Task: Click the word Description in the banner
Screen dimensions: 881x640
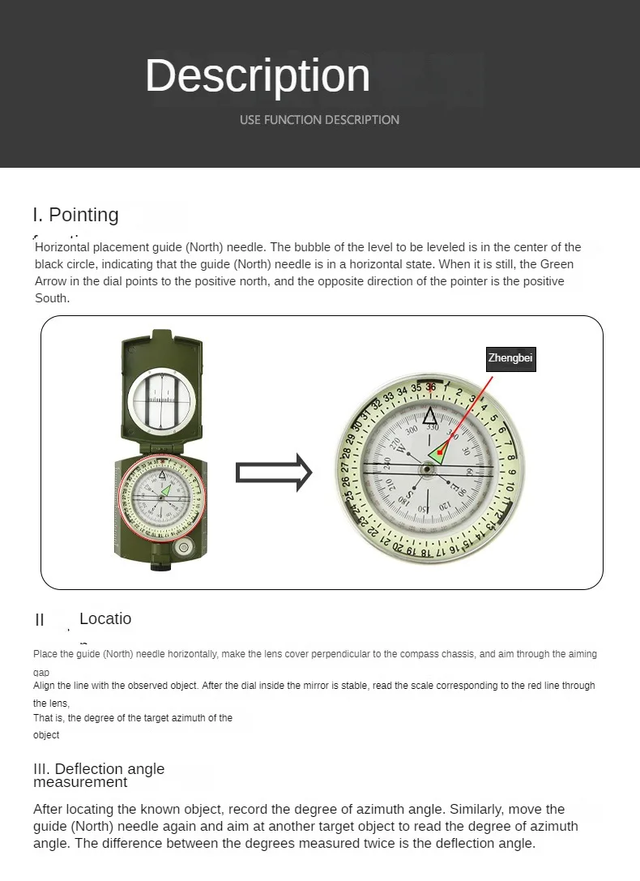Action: [x=258, y=75]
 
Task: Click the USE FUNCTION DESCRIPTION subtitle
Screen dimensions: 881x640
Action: [x=319, y=120]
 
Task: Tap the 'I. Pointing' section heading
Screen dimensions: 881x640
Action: [x=76, y=215]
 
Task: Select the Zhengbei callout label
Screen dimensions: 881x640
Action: [x=510, y=358]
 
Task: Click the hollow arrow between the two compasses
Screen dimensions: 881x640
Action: [x=274, y=473]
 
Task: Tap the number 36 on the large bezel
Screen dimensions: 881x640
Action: [x=430, y=387]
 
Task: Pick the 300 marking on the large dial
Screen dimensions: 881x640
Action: [x=412, y=431]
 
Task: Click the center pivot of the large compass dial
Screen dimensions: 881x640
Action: [x=427, y=468]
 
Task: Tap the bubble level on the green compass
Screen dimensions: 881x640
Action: [x=183, y=548]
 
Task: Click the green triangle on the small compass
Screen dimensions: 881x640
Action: [x=167, y=490]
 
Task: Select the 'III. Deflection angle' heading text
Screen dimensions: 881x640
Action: [x=99, y=769]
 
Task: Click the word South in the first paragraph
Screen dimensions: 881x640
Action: [x=53, y=298]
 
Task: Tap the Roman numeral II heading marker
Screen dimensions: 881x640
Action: [x=40, y=620]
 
